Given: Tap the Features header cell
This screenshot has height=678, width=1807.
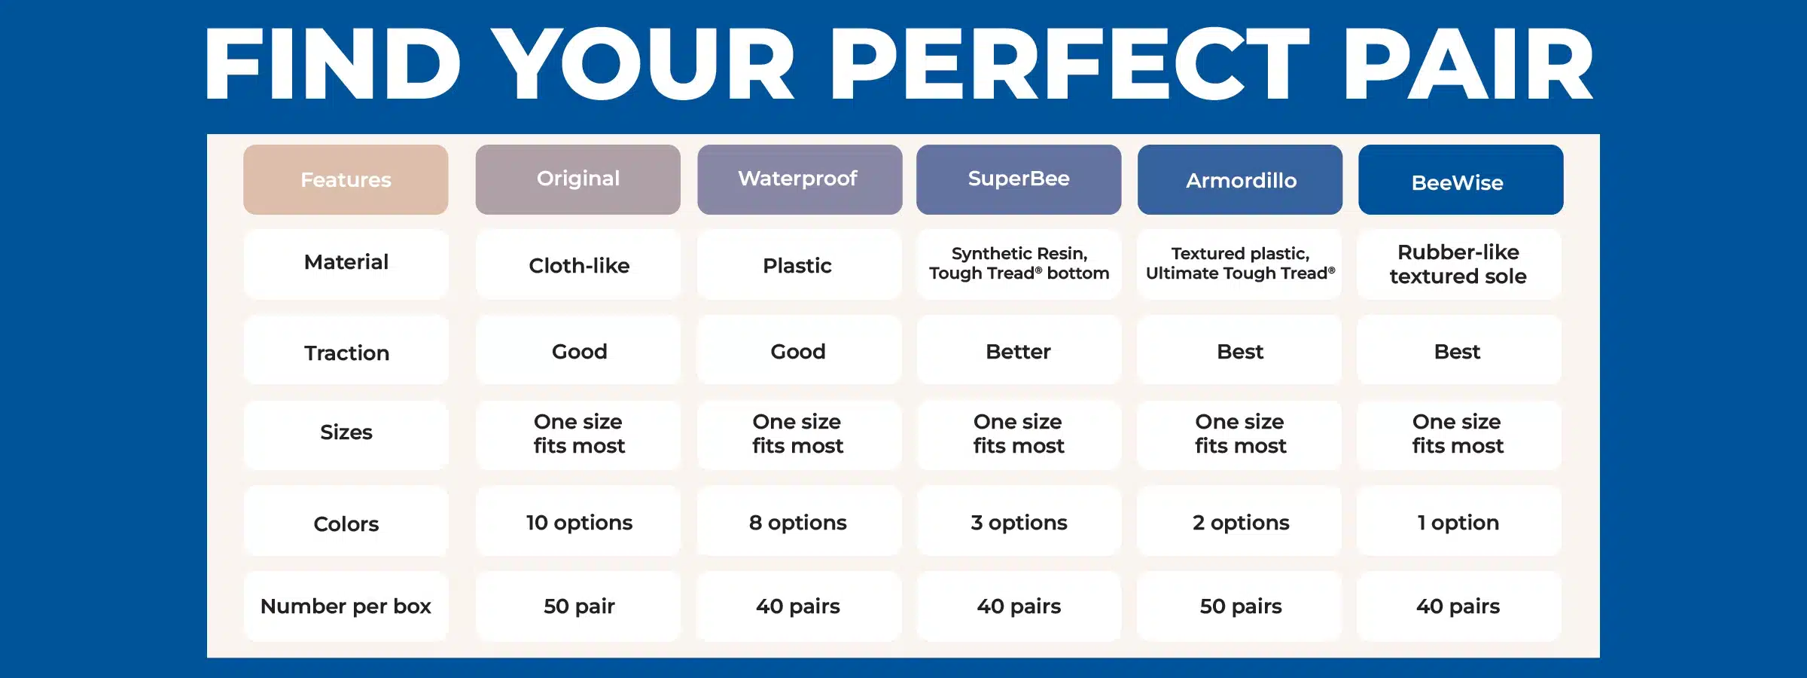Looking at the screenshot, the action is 346,179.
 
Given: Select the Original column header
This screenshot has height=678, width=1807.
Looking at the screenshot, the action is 578,179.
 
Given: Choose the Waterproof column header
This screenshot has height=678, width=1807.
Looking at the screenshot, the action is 800,179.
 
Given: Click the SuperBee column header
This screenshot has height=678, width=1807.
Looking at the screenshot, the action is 1019,179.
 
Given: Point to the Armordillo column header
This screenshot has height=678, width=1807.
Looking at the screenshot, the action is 1240,179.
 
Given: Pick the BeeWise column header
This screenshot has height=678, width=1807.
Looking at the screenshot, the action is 1461,179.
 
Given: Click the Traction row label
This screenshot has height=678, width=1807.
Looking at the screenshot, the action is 346,350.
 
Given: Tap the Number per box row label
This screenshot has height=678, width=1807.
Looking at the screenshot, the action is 346,606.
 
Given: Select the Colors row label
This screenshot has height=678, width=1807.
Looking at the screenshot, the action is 346,521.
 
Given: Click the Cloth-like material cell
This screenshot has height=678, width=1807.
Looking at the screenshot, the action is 578,265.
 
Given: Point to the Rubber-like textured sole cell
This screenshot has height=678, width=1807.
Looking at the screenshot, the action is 1459,265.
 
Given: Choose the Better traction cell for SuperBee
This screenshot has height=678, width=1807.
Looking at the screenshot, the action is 1019,350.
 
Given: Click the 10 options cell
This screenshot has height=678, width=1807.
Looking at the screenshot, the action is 578,521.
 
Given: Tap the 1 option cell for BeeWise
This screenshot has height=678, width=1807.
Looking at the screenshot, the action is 1459,521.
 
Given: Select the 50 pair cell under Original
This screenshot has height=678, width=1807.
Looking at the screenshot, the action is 578,606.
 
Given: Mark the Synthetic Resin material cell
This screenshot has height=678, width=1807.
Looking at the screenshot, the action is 1019,265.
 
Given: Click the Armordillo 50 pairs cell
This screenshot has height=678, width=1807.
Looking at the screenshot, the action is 1239,606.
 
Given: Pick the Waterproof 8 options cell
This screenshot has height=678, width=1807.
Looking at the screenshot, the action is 799,521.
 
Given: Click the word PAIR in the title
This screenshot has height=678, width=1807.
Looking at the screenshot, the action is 1469,64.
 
